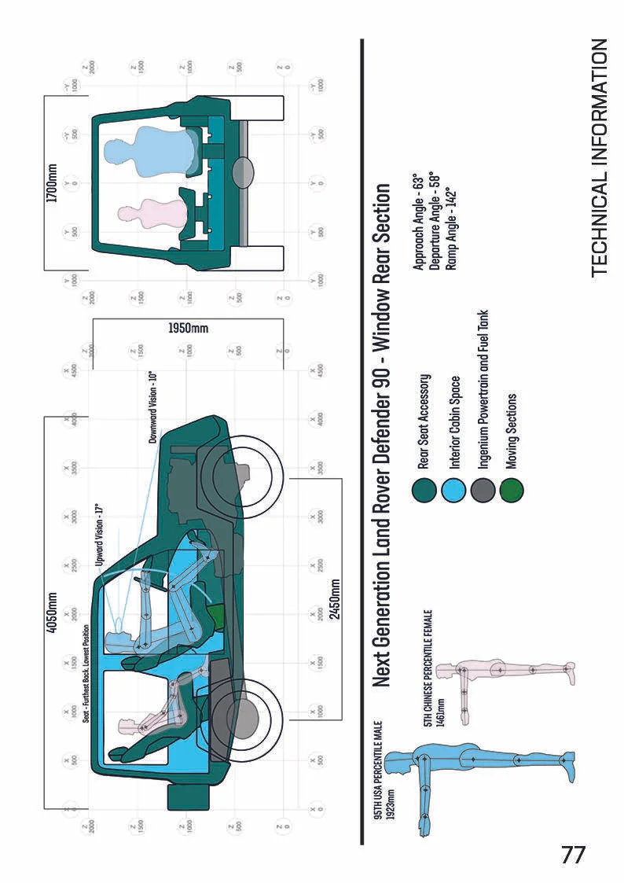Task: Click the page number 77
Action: [573, 854]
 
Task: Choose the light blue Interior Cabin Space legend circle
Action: [456, 491]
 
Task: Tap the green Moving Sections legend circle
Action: [512, 491]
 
